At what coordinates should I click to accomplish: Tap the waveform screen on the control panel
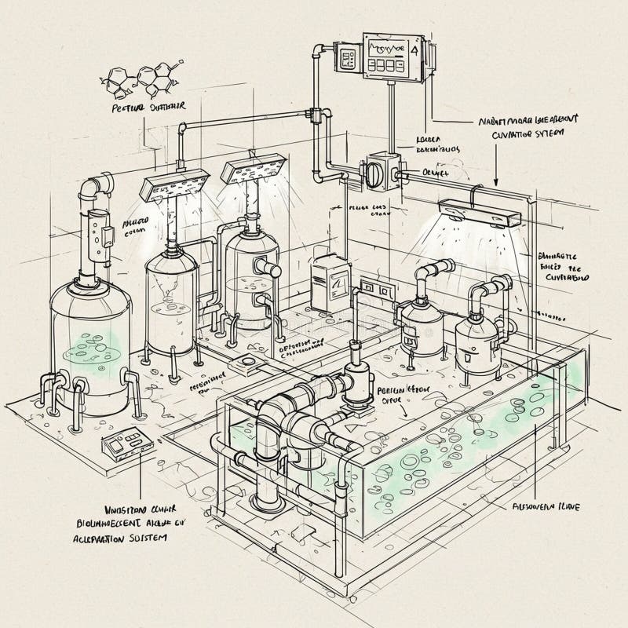[x=391, y=53]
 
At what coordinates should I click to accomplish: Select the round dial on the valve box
[x=375, y=170]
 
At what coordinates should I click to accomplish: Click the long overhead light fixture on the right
[x=480, y=212]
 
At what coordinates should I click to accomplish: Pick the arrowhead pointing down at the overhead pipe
[x=496, y=183]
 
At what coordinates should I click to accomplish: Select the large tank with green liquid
[x=89, y=345]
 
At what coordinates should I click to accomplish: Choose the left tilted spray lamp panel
[x=173, y=185]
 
